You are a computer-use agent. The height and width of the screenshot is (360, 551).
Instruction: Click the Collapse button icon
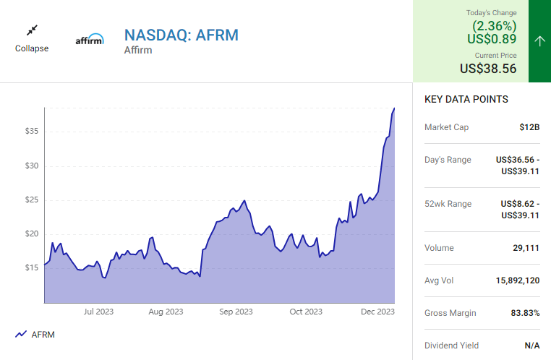point(32,30)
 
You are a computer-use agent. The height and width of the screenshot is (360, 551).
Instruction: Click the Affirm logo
point(90,40)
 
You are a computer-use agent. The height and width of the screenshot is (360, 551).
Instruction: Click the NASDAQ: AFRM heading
point(181,35)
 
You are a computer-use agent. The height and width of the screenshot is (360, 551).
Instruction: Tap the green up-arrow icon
point(539,40)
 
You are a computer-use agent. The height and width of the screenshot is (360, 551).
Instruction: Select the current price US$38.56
point(488,69)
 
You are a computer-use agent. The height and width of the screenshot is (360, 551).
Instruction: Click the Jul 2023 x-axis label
point(98,312)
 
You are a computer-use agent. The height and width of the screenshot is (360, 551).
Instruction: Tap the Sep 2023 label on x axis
point(236,312)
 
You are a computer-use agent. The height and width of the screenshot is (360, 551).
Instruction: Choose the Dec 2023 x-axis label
point(377,312)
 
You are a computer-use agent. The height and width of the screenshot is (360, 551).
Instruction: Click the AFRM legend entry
point(35,335)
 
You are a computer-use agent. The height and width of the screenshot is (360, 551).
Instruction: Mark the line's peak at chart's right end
point(394,108)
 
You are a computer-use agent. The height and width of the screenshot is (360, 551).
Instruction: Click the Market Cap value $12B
point(529,127)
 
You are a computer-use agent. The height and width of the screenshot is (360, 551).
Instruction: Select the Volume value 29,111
point(526,248)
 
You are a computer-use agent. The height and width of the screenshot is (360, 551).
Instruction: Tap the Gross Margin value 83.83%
point(522,313)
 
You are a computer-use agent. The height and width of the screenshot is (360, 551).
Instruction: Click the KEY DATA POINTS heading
point(466,100)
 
